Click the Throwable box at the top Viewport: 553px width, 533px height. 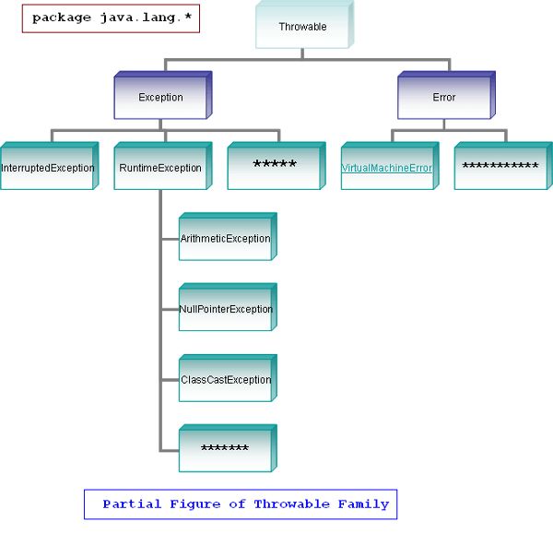pyautogui.click(x=302, y=28)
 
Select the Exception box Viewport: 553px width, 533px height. pyautogui.click(x=160, y=98)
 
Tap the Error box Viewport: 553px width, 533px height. pyautogui.click(x=444, y=98)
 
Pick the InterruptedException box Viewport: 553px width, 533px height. pyautogui.click(x=47, y=169)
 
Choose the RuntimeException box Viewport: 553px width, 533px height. pyautogui.click(x=160, y=169)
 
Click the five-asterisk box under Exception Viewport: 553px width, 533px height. pyautogui.click(x=274, y=166)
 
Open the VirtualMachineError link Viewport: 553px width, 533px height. pyautogui.click(x=387, y=169)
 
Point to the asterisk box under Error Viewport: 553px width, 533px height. pyautogui.click(x=500, y=167)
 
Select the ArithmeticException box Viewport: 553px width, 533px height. pyautogui.click(x=225, y=239)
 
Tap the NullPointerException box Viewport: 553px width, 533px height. pyautogui.click(x=225, y=310)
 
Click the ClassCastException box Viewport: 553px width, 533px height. pyautogui.click(x=225, y=380)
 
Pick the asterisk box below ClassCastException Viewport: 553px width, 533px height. pyautogui.click(x=225, y=450)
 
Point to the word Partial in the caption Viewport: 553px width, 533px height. pyautogui.click(x=131, y=504)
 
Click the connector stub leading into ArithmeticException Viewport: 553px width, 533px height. pyautogui.click(x=170, y=239)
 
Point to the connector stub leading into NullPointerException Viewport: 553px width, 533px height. pyautogui.click(x=170, y=310)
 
